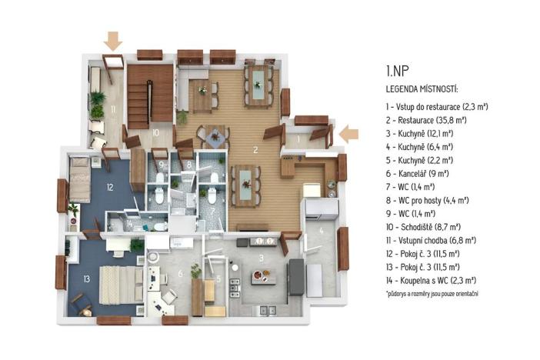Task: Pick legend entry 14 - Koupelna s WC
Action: click(431, 280)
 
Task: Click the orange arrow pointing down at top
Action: click(113, 40)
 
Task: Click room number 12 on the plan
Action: click(111, 187)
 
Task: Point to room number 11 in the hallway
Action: click(112, 110)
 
